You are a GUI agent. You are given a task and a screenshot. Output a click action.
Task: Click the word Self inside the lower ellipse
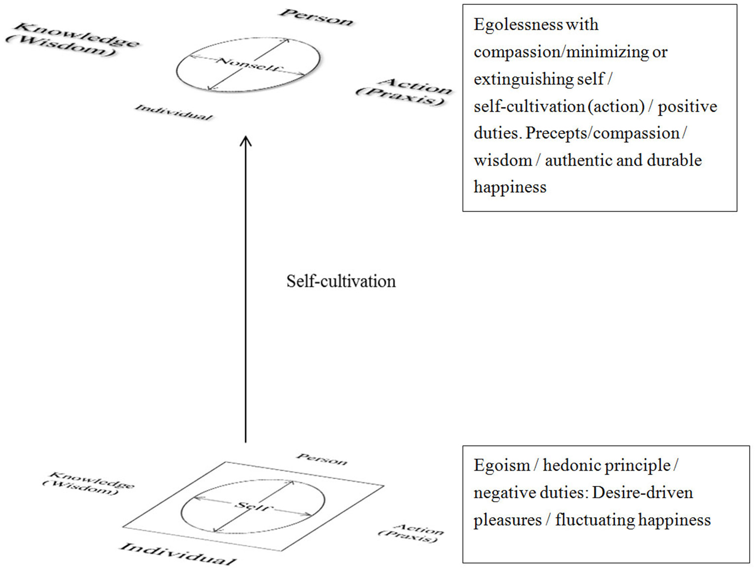pyautogui.click(x=252, y=506)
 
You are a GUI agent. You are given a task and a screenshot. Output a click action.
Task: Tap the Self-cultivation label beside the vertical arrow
pyautogui.click(x=341, y=281)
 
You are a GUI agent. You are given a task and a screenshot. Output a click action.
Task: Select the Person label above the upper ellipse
pyautogui.click(x=316, y=17)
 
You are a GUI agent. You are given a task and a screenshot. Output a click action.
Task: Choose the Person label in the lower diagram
pyautogui.click(x=322, y=459)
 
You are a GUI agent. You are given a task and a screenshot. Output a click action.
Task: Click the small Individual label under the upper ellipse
pyautogui.click(x=174, y=112)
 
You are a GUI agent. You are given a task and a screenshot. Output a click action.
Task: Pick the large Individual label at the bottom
pyautogui.click(x=178, y=553)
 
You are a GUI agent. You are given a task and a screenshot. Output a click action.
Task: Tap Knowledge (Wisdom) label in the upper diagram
pyautogui.click(x=73, y=40)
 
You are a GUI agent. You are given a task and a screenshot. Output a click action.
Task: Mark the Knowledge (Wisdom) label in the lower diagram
pyautogui.click(x=88, y=482)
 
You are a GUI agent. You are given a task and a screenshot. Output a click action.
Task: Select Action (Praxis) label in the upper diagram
pyautogui.click(x=404, y=92)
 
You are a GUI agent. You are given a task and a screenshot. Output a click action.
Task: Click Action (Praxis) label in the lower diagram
pyautogui.click(x=411, y=532)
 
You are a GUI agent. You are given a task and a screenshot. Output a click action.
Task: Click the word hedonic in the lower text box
pyautogui.click(x=569, y=465)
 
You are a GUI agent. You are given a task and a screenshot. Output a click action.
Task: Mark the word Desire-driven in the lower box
pyautogui.click(x=642, y=492)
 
